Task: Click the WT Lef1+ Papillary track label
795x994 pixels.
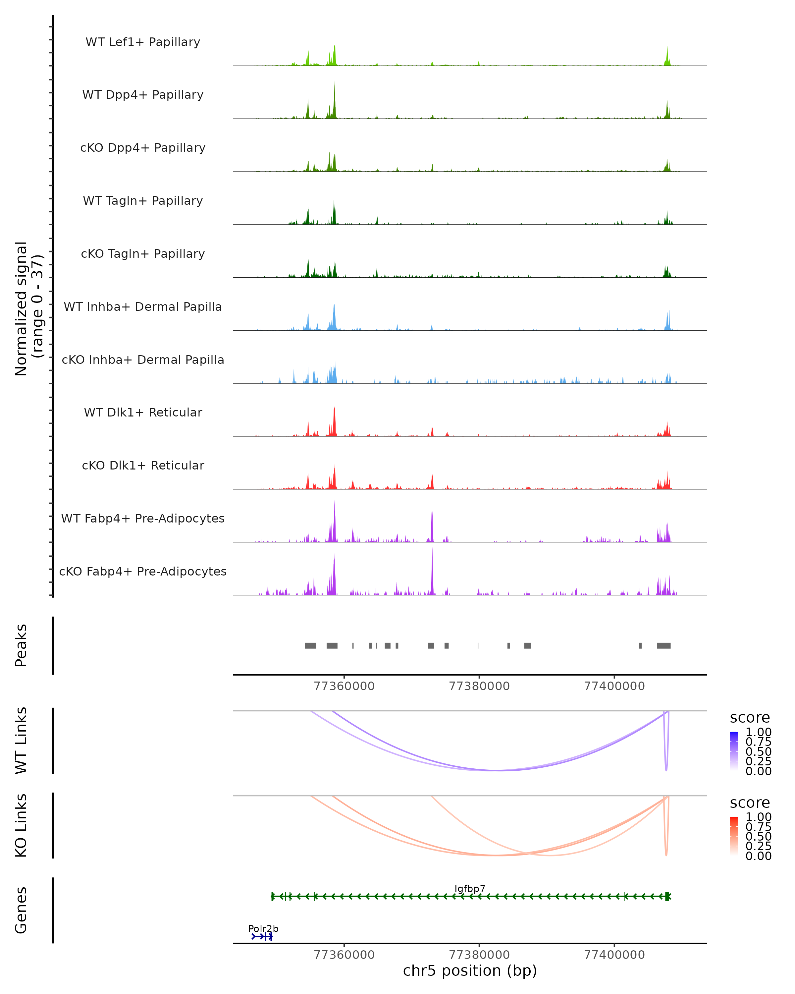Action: (x=143, y=42)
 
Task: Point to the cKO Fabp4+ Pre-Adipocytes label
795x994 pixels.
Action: (x=143, y=571)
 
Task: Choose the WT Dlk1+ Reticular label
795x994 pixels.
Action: (x=143, y=412)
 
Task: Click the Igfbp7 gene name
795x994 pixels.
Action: (x=470, y=888)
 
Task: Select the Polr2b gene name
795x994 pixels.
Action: (x=263, y=928)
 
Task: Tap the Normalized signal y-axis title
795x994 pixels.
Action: (x=28, y=308)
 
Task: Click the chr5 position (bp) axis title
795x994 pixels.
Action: (x=470, y=970)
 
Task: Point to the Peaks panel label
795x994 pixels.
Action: (x=21, y=645)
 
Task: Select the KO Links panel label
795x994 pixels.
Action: (x=21, y=825)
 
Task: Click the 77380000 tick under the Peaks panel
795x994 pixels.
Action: (x=479, y=686)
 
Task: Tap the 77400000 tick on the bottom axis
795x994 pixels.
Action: (x=614, y=954)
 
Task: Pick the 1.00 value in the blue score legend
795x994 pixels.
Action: (x=758, y=732)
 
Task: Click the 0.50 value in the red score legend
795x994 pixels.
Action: (x=758, y=836)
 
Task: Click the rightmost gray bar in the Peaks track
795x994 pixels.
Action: (x=663, y=645)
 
